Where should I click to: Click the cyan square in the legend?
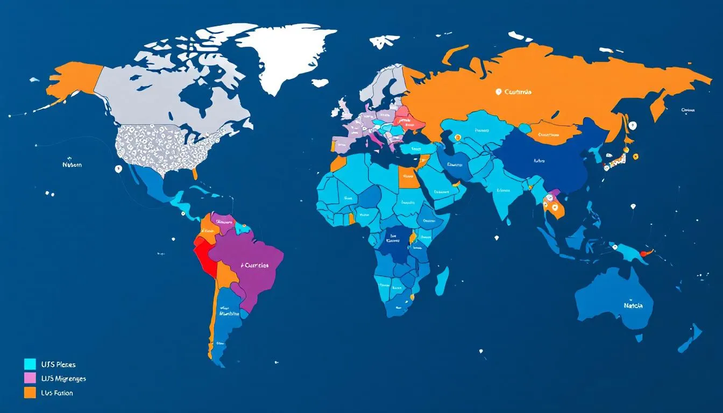tap(30, 365)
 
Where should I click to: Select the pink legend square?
tap(30, 379)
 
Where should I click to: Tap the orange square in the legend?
tap(30, 393)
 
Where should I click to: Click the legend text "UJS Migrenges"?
tap(63, 379)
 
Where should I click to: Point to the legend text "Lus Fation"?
tap(57, 393)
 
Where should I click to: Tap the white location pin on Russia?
tap(499, 92)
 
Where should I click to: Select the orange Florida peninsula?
tap(195, 173)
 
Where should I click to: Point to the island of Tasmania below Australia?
tap(639, 338)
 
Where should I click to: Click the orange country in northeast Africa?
tap(408, 177)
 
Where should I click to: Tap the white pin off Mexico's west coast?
tap(118, 169)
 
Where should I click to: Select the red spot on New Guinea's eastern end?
tap(649, 252)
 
